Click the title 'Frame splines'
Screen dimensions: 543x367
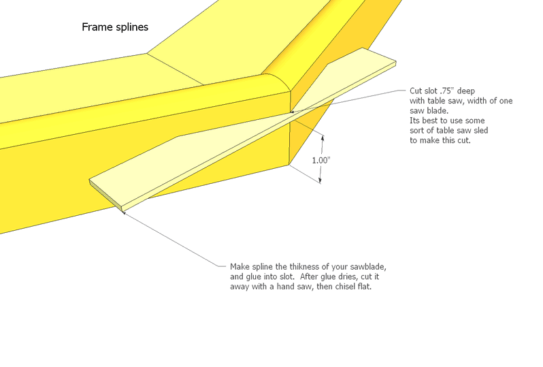pos(115,27)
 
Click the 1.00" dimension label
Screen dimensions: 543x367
pos(321,160)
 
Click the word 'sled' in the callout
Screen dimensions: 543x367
pos(480,130)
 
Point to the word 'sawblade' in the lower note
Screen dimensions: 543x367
pos(367,267)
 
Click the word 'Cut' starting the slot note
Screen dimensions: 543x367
pos(416,91)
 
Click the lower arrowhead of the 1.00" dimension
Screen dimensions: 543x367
pos(320,180)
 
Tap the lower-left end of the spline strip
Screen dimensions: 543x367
pos(89,180)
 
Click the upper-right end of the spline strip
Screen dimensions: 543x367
pos(396,63)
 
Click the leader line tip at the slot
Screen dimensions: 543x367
pos(292,112)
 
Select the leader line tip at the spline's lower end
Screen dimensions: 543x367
pos(124,212)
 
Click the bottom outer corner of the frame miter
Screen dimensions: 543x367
pos(289,165)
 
